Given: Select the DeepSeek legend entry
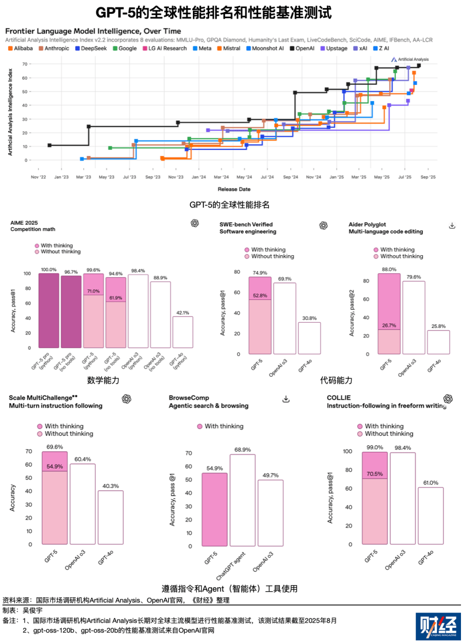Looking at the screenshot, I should [91, 48].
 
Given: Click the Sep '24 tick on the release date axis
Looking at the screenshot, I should [291, 177].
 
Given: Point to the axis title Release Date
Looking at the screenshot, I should [234, 189].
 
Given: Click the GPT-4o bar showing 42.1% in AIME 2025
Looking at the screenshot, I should [183, 332].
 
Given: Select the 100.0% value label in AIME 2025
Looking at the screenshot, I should [49, 269].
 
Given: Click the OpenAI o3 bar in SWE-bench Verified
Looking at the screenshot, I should [284, 318].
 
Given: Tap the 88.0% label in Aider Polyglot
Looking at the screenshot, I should [389, 270].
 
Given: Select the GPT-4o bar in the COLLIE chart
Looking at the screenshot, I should [430, 516].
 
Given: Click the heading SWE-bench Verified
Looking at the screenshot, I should [246, 224].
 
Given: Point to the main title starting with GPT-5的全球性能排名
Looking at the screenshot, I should [214, 13].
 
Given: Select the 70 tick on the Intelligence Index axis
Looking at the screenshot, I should [24, 64].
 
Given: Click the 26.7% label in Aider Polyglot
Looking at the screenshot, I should [389, 325].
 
